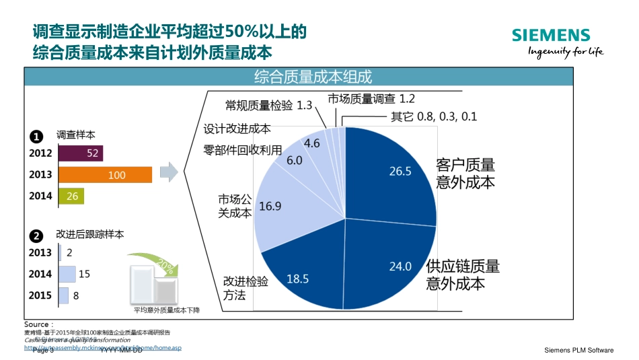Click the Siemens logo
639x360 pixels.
click(x=550, y=36)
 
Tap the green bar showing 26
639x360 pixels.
click(x=71, y=196)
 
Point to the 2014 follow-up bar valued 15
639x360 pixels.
click(x=67, y=274)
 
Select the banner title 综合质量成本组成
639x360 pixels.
click(x=313, y=77)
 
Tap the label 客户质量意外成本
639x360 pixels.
click(x=465, y=174)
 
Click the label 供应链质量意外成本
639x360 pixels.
click(x=463, y=275)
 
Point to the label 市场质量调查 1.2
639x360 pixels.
click(x=371, y=98)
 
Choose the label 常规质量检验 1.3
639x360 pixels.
click(x=269, y=105)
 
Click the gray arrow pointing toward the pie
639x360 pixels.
click(x=172, y=172)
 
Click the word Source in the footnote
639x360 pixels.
click(x=36, y=324)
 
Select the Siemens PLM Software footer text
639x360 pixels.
click(x=578, y=350)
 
